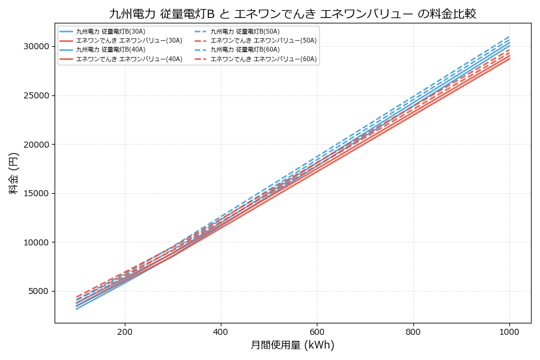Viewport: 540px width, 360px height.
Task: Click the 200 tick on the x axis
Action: [x=125, y=331]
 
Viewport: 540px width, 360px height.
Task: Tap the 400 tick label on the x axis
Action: [x=221, y=331]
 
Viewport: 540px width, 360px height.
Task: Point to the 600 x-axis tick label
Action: [x=317, y=331]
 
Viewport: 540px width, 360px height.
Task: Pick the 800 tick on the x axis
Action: [x=413, y=331]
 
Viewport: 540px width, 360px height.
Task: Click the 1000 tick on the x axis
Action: [x=509, y=331]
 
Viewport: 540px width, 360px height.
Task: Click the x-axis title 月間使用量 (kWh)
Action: [x=292, y=346]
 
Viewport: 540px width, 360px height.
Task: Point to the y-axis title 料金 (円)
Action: [x=14, y=173]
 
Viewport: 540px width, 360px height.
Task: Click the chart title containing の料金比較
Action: [x=292, y=14]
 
